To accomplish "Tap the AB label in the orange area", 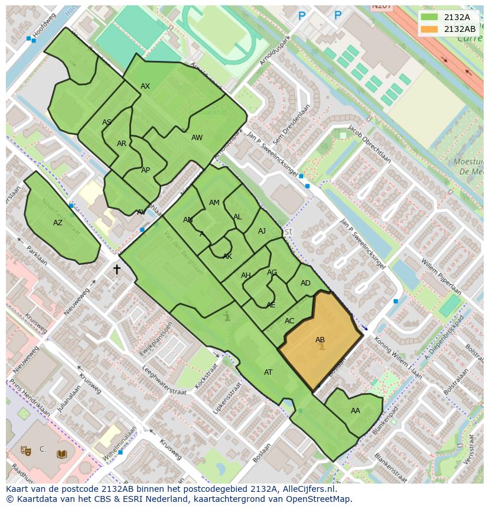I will pos(320,340).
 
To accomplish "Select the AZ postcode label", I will pos(58,223).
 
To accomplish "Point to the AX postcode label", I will pos(145,86).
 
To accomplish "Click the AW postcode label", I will pos(197,138).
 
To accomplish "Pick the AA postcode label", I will pos(356,411).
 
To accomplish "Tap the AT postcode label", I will pos(268,372).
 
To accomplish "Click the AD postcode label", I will pos(305,283).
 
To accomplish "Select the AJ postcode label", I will pos(262,231).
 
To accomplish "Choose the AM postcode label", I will pos(214,203).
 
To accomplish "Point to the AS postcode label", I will pos(107,122).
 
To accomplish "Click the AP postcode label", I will pos(145,170).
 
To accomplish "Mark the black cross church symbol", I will pos(117,270).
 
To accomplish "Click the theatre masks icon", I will pos(25,450).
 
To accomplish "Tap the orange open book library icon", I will pos(61,454).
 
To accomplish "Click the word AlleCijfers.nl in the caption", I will pos(307,489).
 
